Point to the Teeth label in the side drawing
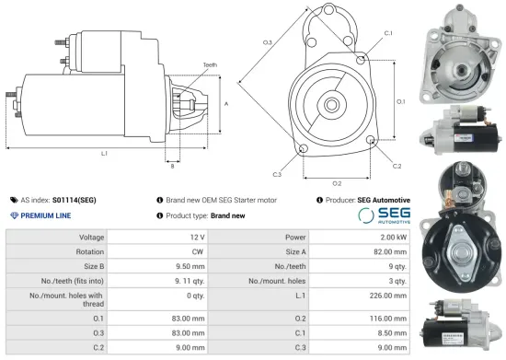coord(211,64)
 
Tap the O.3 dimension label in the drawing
coord(267,42)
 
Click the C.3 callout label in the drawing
coord(277,173)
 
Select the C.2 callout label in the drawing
coord(397,167)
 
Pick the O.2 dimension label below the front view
coord(337,182)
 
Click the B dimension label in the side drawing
coord(172,166)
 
